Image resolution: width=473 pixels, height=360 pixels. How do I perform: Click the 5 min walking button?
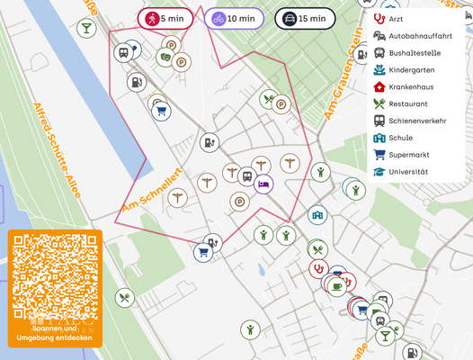[166, 19]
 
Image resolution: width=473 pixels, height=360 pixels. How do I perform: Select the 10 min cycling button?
[234, 19]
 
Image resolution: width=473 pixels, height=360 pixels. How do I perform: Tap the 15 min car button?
[305, 19]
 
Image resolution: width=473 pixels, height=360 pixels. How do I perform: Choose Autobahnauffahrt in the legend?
[418, 36]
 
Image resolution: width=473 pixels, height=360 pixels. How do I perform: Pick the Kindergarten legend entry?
[411, 70]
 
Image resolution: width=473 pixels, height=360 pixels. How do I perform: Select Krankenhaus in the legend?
[411, 87]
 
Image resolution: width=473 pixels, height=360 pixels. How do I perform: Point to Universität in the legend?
[408, 172]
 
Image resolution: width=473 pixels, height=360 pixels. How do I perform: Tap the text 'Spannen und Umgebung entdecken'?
[56, 334]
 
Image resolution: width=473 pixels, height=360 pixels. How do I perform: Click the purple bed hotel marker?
[263, 184]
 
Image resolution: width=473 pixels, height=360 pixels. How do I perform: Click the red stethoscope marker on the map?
[317, 267]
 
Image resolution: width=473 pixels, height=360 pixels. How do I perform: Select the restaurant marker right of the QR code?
[125, 297]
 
